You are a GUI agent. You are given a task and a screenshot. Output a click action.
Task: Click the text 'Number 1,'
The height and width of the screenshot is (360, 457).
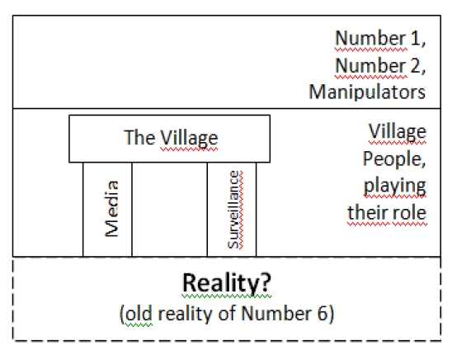point(380,38)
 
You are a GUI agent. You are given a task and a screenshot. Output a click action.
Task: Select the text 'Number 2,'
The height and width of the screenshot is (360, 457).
point(380,65)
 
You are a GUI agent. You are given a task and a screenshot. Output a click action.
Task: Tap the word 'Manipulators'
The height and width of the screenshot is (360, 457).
point(367,92)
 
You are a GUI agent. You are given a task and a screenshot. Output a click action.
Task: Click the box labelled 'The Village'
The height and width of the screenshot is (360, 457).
point(170,139)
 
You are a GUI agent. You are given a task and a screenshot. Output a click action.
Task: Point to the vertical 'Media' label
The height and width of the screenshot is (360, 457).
point(111,209)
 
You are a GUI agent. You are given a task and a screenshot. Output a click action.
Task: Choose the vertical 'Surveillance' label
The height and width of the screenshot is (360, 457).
point(234,210)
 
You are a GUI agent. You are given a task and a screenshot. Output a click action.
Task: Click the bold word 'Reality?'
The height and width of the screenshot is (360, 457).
point(227,283)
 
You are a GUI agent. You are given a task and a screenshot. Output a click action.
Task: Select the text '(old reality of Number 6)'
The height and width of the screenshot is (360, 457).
point(227,314)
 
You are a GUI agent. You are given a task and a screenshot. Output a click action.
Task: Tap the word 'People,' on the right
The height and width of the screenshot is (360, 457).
point(394,159)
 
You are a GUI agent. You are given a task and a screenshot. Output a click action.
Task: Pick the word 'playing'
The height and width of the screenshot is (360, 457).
point(395,186)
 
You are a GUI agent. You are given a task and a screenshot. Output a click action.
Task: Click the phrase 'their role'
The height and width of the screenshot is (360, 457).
point(387,213)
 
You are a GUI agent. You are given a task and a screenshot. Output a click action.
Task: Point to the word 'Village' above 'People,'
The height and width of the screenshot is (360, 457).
point(398,132)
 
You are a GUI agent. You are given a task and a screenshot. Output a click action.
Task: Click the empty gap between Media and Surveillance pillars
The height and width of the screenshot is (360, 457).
point(170,210)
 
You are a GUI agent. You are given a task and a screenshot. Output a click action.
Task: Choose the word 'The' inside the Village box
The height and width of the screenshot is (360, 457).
point(139,138)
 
